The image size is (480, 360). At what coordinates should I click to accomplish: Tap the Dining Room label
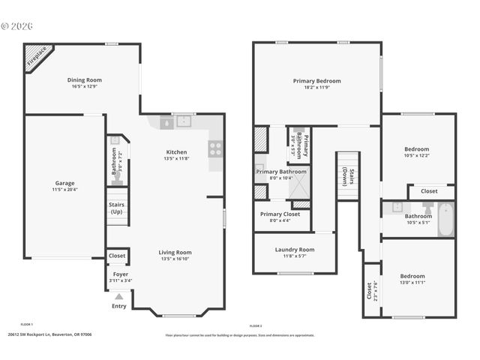pos(85,80)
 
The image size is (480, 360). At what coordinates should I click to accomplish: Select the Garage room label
pos(64,183)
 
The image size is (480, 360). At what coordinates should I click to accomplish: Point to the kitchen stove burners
pos(214,148)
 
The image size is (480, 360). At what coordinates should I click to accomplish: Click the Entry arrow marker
pos(119,297)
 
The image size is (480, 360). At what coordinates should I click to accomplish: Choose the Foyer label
pos(120,274)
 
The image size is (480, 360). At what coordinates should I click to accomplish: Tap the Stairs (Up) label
pos(117,207)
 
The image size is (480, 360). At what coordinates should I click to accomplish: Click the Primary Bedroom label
pos(316,81)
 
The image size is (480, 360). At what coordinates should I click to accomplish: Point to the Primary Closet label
pos(280,214)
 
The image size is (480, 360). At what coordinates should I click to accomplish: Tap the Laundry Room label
pos(294,250)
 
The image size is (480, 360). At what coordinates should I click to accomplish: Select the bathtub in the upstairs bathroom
pos(445,220)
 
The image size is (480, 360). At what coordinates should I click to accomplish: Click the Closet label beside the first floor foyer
pos(117,256)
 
